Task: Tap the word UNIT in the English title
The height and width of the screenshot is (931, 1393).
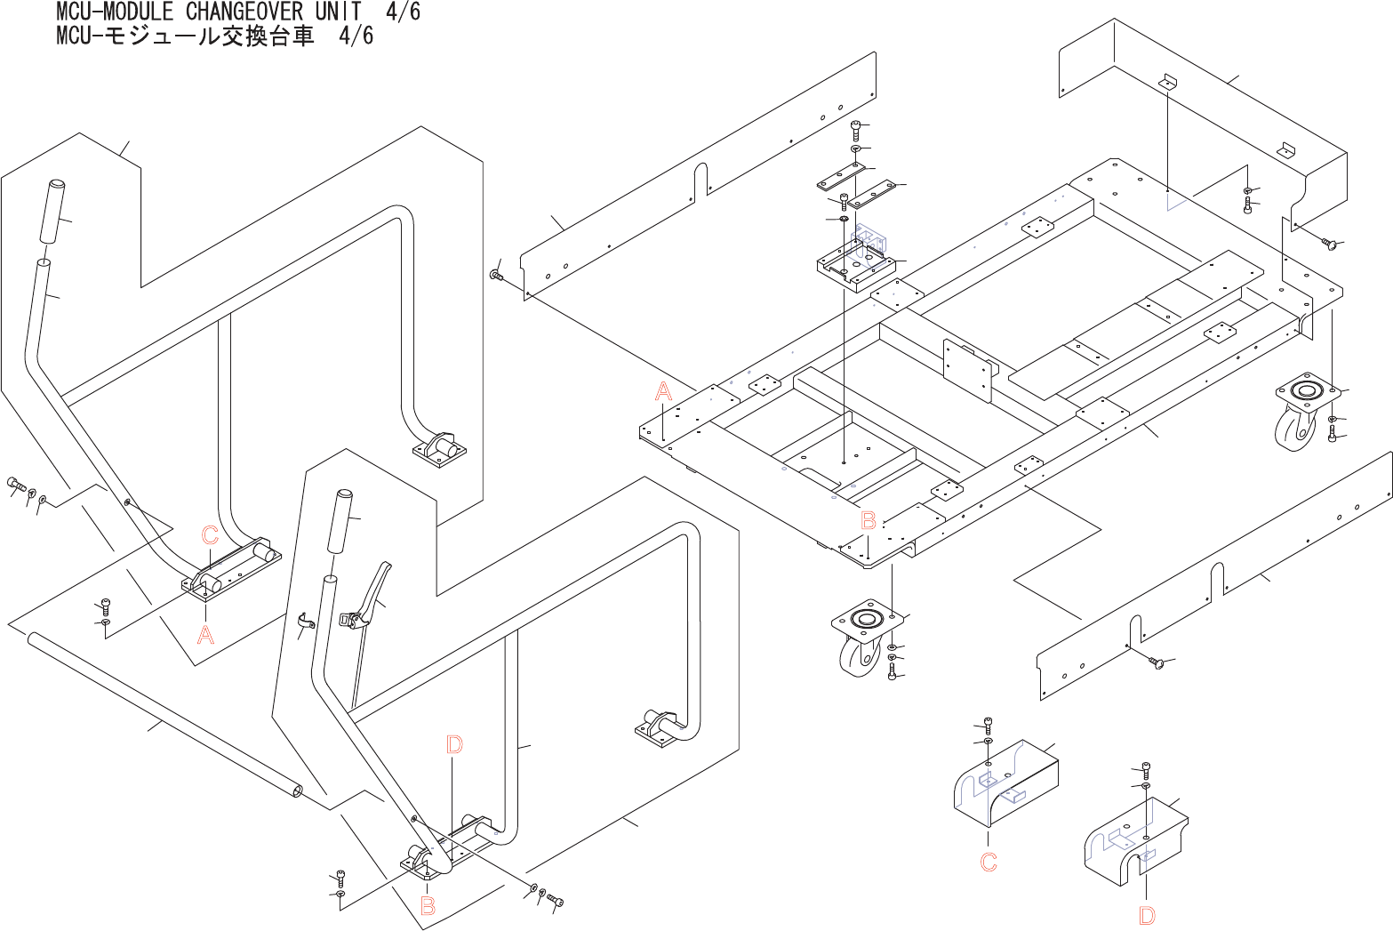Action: [338, 12]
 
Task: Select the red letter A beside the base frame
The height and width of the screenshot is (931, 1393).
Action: [663, 391]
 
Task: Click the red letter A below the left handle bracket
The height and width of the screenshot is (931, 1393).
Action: [205, 635]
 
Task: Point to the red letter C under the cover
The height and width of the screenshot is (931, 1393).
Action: [989, 862]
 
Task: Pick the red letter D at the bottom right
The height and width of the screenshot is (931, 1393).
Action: [1147, 916]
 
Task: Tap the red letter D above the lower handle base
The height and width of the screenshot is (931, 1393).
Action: [454, 744]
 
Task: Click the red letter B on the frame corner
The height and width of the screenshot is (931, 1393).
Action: [869, 521]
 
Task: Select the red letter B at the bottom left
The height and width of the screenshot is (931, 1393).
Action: [428, 906]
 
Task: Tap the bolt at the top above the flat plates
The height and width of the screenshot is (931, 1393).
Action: [855, 129]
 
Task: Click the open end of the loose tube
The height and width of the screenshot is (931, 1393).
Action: [295, 790]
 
